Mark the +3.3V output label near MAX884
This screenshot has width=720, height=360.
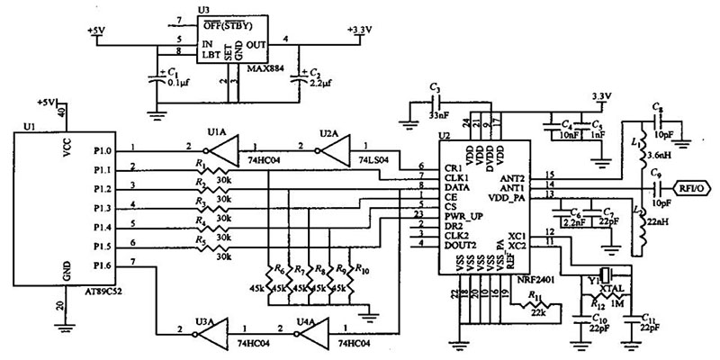tap(359, 29)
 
